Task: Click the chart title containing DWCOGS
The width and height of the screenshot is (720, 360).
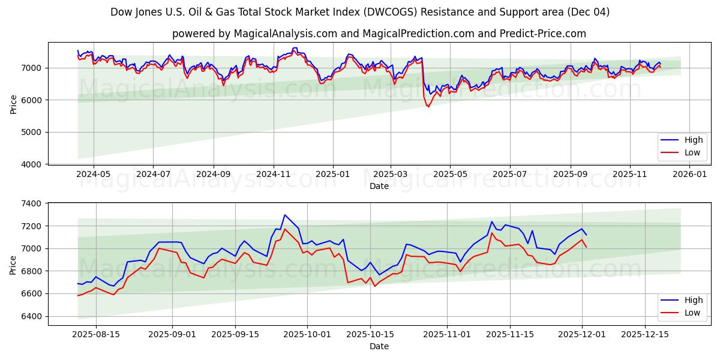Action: coord(360,12)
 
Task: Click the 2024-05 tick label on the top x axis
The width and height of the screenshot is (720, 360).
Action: coord(94,174)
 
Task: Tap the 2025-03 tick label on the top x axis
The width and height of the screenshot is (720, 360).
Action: coord(391,174)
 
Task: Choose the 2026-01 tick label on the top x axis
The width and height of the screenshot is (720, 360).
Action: coord(689,174)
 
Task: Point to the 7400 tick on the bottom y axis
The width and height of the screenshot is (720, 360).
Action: coord(32,204)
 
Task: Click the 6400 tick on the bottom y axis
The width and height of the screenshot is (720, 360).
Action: coord(32,316)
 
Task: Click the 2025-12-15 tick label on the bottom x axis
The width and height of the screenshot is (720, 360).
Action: coord(645,334)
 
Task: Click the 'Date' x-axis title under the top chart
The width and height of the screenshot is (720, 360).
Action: coord(379,186)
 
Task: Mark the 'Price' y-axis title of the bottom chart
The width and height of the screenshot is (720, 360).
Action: coord(13,264)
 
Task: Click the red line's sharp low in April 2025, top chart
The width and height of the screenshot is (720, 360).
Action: coord(428,106)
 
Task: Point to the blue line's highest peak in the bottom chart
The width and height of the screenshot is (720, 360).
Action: coord(285,215)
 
